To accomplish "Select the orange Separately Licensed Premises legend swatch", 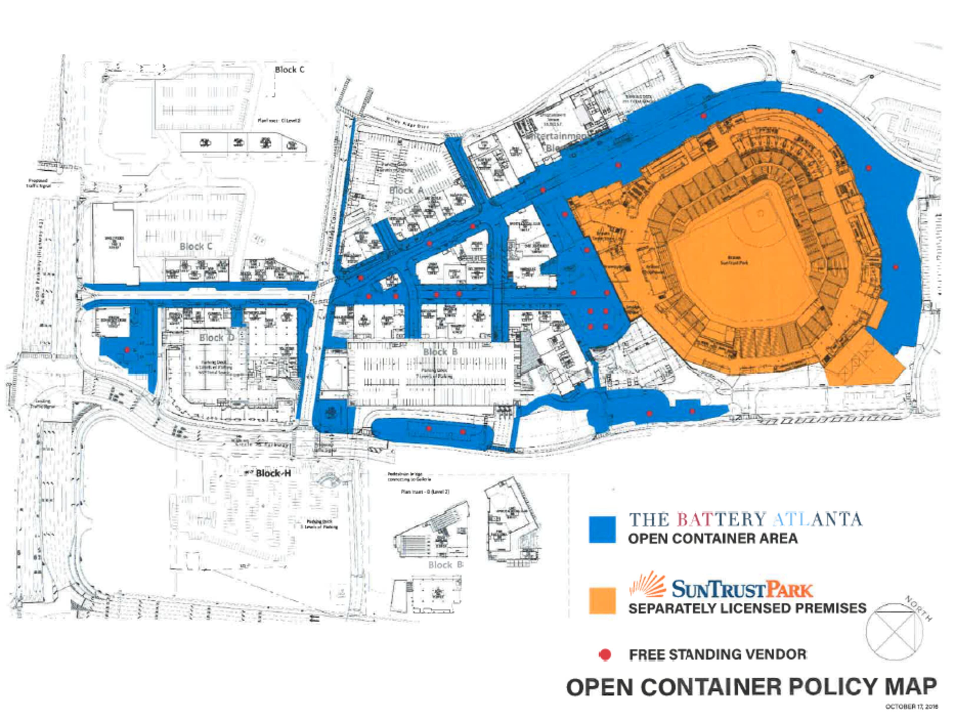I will click(602, 600).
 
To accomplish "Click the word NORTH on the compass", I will click(918, 608).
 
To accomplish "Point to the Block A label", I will click(406, 190).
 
